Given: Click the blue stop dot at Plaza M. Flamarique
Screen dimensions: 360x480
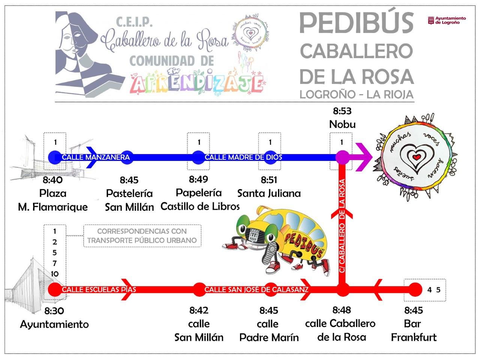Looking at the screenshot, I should [x=55, y=157].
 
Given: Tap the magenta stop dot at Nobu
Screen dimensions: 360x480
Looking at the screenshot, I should [x=342, y=157].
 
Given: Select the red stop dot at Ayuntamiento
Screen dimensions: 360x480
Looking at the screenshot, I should [x=55, y=289].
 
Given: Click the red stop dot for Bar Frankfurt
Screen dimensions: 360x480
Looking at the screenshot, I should [x=415, y=289].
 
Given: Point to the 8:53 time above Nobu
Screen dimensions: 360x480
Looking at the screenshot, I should [x=342, y=111].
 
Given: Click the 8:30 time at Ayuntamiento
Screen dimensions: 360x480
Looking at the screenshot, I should [x=54, y=311].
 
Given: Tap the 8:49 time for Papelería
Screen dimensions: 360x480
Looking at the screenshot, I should [x=198, y=180].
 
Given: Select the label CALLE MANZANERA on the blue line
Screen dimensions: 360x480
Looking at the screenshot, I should [x=96, y=157].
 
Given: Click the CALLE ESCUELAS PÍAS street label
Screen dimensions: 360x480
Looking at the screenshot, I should [x=99, y=289].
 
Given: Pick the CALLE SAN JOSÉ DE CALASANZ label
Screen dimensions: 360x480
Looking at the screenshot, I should [x=256, y=289].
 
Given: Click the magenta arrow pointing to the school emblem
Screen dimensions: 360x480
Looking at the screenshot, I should [x=364, y=157].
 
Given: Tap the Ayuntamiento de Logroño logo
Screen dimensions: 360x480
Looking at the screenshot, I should [x=447, y=20].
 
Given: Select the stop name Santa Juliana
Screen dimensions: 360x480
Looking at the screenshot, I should [x=269, y=193].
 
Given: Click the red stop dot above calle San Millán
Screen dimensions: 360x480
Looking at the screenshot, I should [x=200, y=289].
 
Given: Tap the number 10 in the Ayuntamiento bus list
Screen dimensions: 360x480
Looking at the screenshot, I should [x=55, y=274].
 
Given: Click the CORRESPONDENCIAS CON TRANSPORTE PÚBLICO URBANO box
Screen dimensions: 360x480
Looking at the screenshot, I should [x=142, y=236].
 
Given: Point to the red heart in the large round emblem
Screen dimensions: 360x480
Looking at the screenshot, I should [x=416, y=157].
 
